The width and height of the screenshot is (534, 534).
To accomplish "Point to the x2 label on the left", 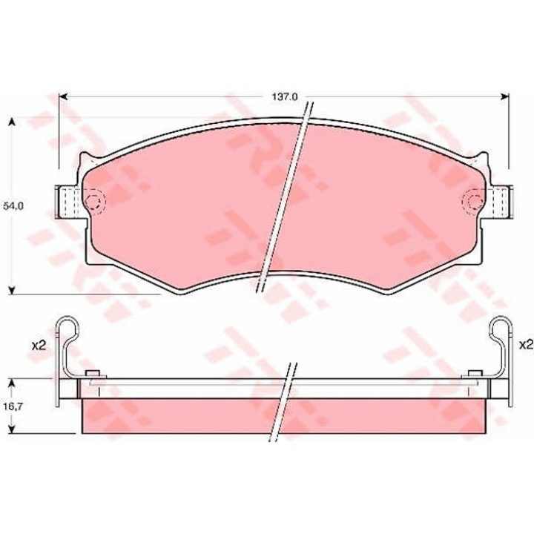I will (x=39, y=344).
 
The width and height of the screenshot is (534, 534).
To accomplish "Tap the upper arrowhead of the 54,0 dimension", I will (x=12, y=122).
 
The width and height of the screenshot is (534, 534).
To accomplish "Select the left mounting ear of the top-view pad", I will (x=69, y=201).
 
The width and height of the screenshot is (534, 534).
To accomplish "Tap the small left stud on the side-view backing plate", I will (x=92, y=373).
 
